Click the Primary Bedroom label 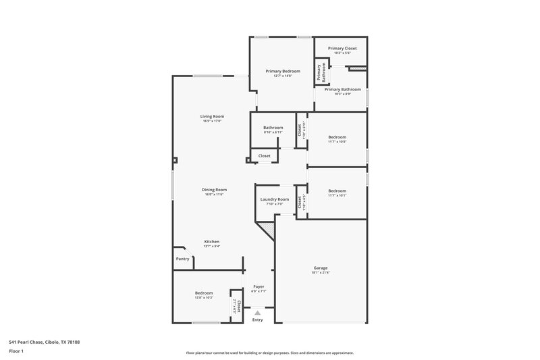(x=282, y=71)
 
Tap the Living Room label (x=212, y=116)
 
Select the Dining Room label (x=214, y=190)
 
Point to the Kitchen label (x=212, y=241)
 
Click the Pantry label (x=183, y=259)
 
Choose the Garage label (x=320, y=267)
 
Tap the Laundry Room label (x=275, y=199)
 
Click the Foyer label (x=258, y=286)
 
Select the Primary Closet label (x=342, y=49)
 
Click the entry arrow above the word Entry (x=257, y=312)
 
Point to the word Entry (x=258, y=319)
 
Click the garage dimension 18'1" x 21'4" (x=320, y=273)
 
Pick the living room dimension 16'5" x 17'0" (x=212, y=122)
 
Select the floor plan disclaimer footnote (x=269, y=353)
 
